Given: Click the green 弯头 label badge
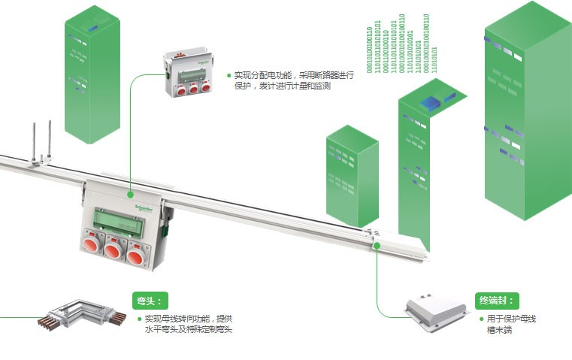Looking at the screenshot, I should click(x=148, y=301).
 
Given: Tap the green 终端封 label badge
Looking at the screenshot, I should click(x=498, y=301).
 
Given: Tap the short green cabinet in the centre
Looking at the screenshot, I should click(x=351, y=177).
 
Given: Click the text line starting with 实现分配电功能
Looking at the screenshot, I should click(x=282, y=75).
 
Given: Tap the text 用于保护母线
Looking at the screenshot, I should click(x=511, y=319).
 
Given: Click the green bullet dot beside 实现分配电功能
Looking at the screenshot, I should click(x=228, y=75).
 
